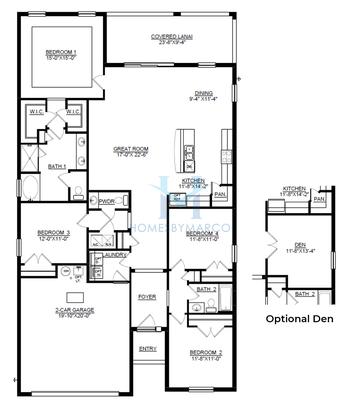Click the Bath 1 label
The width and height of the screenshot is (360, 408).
pos(57,166)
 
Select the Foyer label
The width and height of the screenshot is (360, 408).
pos(148,297)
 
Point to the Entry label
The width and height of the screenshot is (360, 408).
pos(148,348)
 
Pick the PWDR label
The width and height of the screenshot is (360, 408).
pos(109,201)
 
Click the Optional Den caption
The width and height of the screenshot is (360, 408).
pos(298,319)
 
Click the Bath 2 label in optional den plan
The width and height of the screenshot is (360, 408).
pos(305,294)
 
